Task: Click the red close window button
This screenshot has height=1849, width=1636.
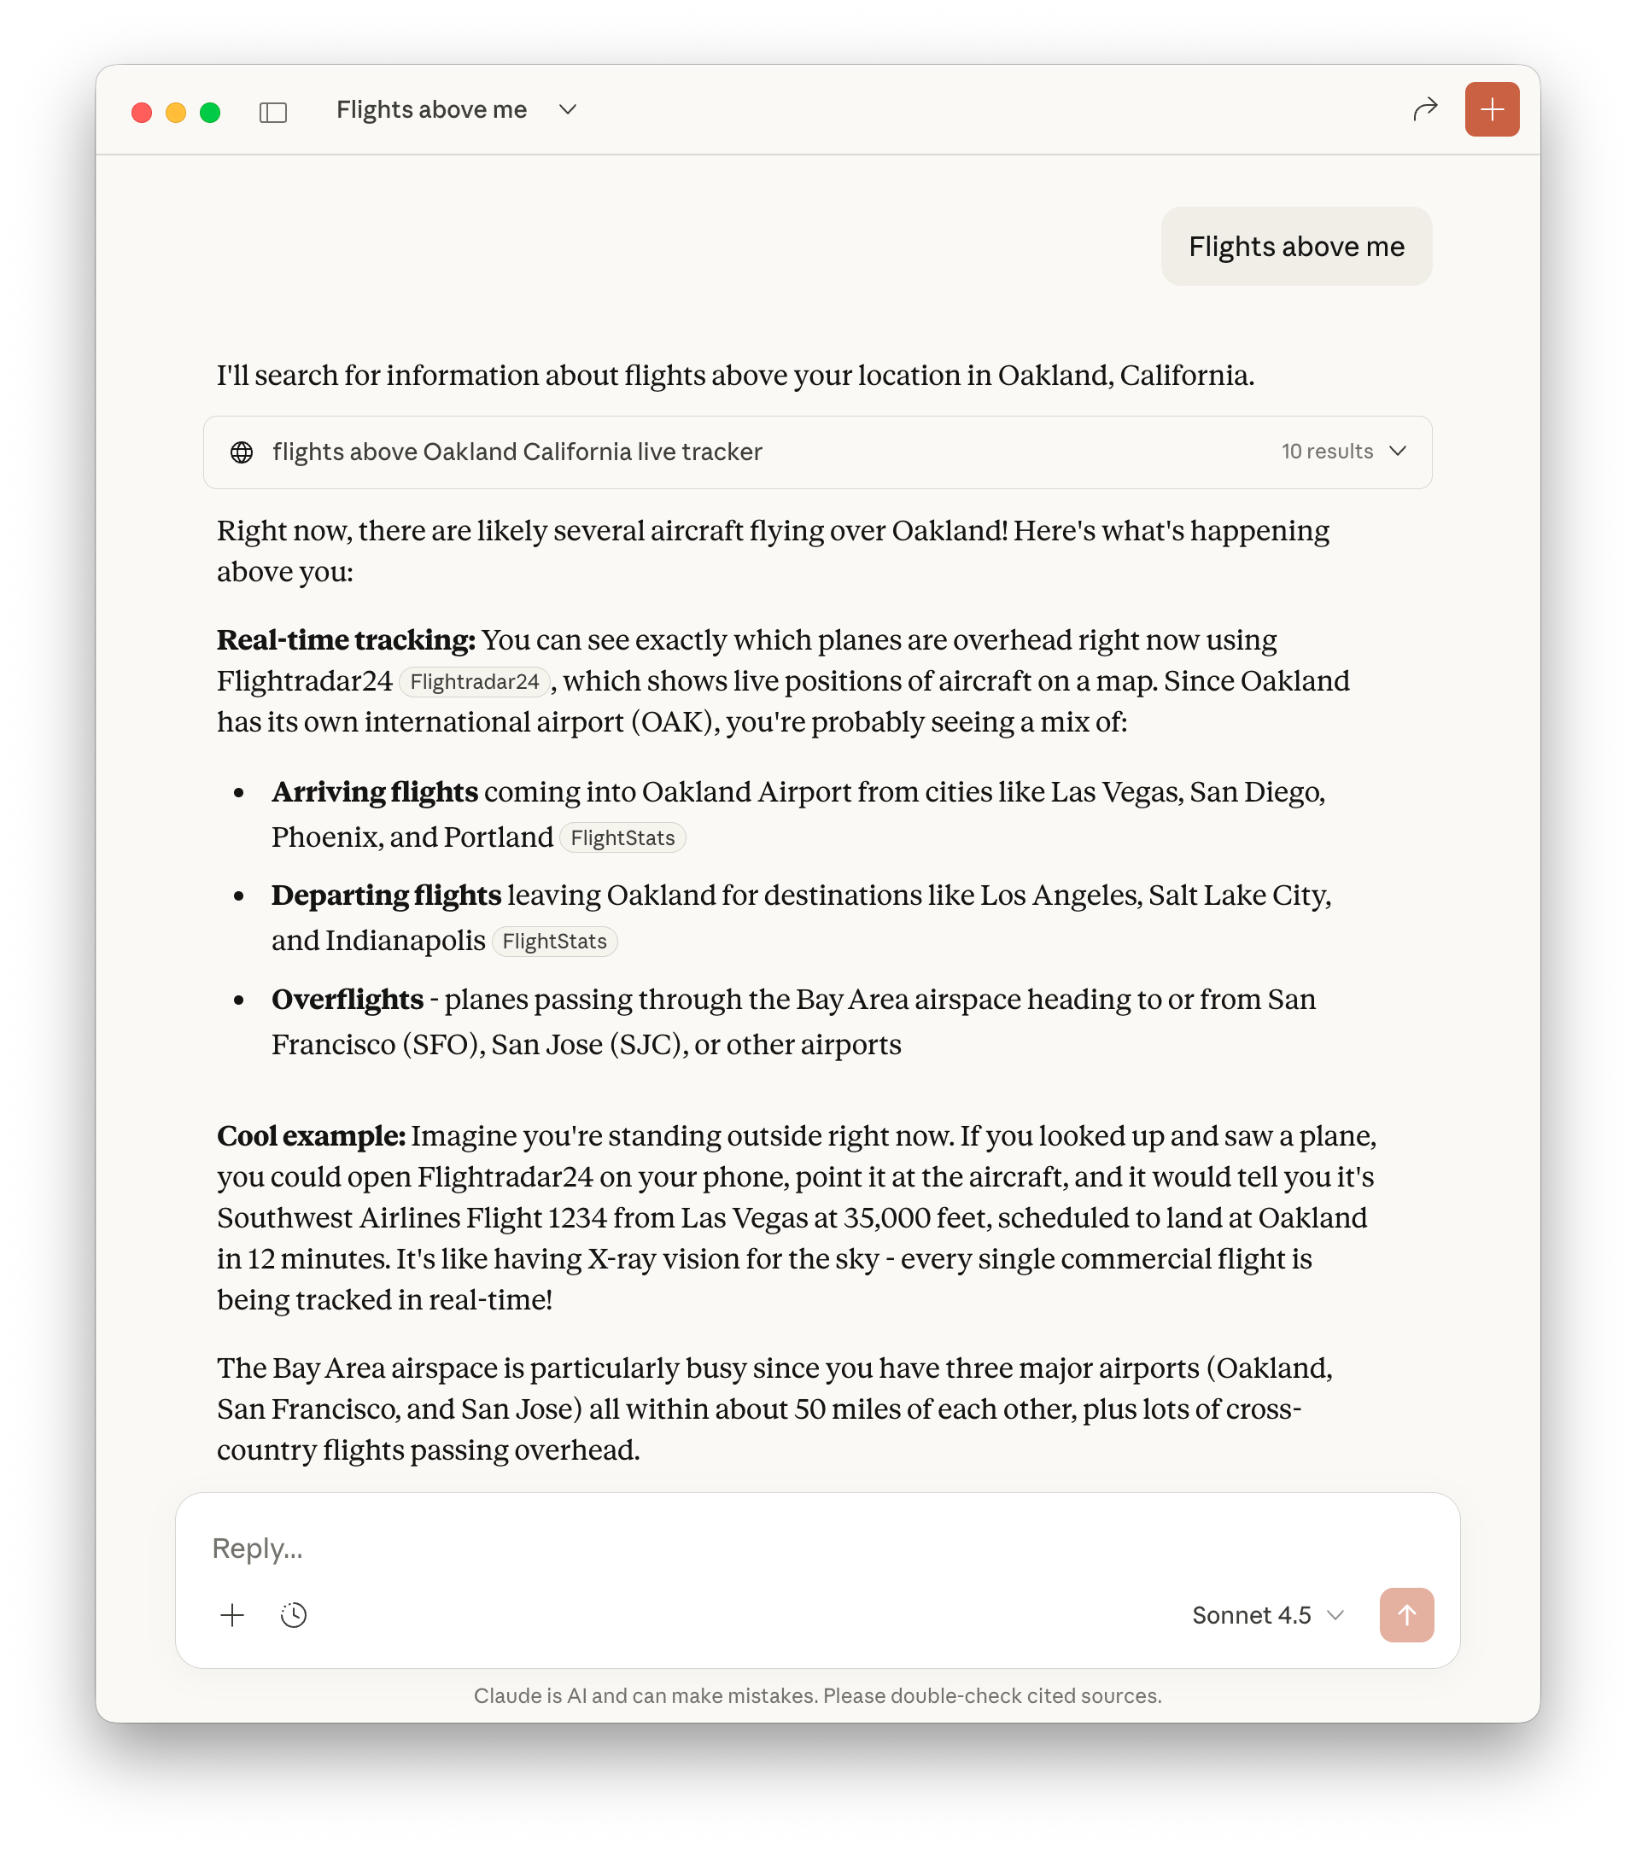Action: click(141, 112)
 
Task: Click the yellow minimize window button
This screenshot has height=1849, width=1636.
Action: click(176, 112)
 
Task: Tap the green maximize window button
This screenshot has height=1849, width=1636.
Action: click(210, 112)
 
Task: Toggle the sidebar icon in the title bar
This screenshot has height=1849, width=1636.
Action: click(272, 112)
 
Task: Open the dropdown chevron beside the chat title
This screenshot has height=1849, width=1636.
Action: click(567, 109)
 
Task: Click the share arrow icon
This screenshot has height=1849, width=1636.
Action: click(1425, 109)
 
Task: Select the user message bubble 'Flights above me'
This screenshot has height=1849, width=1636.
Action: click(1296, 246)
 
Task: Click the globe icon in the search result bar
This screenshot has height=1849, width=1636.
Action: click(242, 452)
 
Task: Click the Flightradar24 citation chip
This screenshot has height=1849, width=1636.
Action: click(474, 682)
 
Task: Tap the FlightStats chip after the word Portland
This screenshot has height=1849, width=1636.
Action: click(622, 838)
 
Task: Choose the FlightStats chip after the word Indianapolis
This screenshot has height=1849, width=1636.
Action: click(554, 942)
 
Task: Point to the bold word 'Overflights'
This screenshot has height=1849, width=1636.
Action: click(348, 1000)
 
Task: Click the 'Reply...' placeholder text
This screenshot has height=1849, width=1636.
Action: click(258, 1549)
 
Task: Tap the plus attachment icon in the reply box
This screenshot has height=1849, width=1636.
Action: click(232, 1616)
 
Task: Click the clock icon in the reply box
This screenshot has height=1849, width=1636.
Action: click(294, 1616)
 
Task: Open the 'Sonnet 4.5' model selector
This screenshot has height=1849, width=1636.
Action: click(1267, 1616)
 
